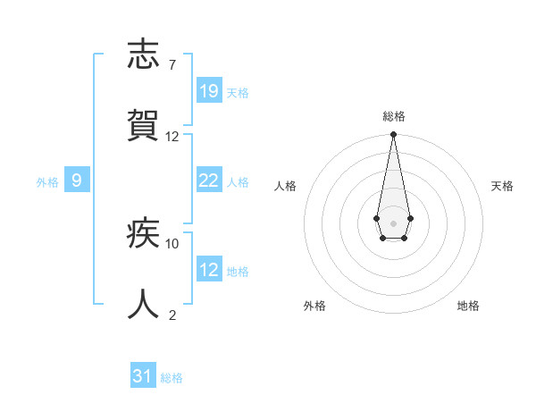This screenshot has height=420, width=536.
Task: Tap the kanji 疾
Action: tap(144, 234)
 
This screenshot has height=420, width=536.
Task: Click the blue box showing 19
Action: tap(209, 91)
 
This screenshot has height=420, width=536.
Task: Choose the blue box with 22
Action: tap(209, 181)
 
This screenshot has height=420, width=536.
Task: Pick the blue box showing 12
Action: tap(209, 270)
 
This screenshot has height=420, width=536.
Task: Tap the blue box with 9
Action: tap(77, 181)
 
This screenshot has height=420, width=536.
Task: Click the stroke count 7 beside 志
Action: tap(172, 65)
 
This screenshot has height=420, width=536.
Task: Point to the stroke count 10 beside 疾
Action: tap(172, 243)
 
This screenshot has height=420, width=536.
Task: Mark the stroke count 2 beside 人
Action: tap(172, 315)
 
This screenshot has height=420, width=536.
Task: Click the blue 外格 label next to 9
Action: tap(47, 181)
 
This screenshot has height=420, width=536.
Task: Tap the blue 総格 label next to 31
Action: tap(172, 378)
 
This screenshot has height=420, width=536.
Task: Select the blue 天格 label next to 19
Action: tap(238, 92)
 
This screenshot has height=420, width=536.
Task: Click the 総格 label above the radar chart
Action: tap(393, 116)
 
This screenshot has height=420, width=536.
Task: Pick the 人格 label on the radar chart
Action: tap(286, 186)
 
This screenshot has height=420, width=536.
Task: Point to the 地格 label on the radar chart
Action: tap(468, 306)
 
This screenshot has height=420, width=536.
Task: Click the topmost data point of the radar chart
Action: tap(393, 135)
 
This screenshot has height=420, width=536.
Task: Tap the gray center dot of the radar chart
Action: tap(393, 222)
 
